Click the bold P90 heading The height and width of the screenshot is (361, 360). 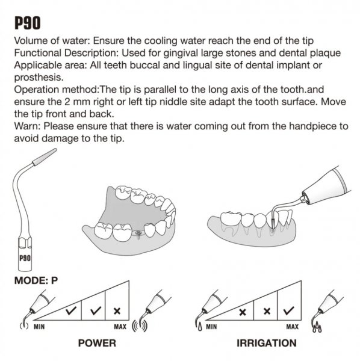click(x=28, y=23)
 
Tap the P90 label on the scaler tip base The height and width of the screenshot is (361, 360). click(x=25, y=258)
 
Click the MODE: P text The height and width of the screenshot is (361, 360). click(x=36, y=280)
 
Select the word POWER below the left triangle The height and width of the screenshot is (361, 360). click(x=97, y=343)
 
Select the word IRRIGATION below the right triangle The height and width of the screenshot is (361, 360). click(x=267, y=343)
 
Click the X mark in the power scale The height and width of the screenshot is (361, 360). click(x=117, y=311)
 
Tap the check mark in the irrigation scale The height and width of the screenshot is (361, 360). click(x=288, y=311)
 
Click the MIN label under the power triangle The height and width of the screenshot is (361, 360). click(x=39, y=327)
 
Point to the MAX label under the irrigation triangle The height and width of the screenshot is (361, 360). click(x=293, y=327)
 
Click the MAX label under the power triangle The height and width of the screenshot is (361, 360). click(x=120, y=327)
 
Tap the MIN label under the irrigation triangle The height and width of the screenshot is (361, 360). click(x=211, y=327)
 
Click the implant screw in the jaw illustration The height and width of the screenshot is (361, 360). click(x=138, y=234)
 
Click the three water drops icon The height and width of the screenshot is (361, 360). click(x=317, y=327)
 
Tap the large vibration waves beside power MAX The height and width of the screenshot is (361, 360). click(x=140, y=327)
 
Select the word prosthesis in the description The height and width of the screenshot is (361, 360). click(x=39, y=78)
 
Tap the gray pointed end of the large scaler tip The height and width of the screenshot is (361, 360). click(x=45, y=157)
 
